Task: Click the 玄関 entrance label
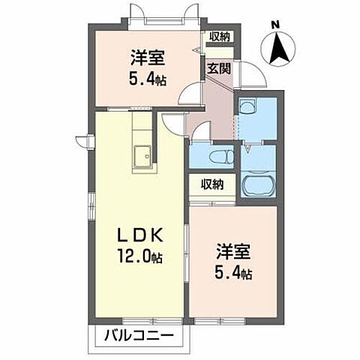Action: (218, 65)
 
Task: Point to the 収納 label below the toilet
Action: (211, 183)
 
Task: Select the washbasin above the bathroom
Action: (247, 108)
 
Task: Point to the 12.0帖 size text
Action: (139, 256)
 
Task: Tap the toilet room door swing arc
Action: (199, 135)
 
